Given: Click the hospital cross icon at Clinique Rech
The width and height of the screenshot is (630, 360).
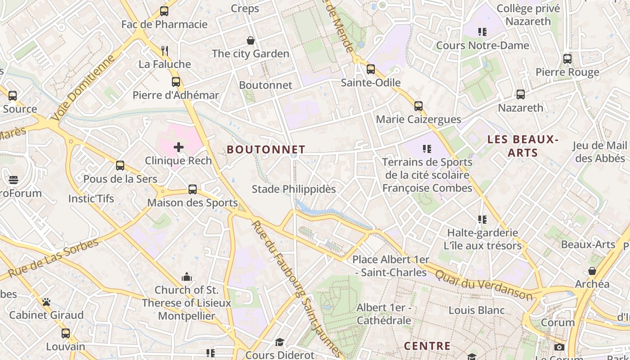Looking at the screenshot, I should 179,147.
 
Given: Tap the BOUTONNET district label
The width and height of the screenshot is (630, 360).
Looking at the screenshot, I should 266,149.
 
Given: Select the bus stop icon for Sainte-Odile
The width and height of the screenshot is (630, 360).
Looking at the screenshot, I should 371,69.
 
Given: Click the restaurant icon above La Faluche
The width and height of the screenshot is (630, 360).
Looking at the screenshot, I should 165,50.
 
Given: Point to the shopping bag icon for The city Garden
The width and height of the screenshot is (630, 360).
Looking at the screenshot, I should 251,40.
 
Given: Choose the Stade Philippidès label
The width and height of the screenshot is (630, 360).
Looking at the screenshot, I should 293,189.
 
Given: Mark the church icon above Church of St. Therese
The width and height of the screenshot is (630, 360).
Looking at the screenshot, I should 186,276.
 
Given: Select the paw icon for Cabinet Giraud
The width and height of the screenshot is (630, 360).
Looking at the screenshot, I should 46,301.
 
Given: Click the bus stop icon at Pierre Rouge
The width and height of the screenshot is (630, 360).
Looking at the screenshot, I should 567,59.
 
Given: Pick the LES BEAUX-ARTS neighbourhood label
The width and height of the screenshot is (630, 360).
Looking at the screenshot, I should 523,146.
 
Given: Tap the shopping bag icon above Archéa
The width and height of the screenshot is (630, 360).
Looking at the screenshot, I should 592,271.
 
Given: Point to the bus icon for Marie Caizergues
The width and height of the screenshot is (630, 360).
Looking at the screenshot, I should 418,106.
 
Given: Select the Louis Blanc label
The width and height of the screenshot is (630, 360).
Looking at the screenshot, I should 477,310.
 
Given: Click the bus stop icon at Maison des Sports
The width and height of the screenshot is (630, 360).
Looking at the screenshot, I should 193,189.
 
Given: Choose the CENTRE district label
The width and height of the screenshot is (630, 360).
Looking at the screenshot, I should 427,346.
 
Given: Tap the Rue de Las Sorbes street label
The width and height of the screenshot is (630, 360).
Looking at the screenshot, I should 53,258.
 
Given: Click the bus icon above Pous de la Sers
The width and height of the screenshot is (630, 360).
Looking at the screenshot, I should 120,166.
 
